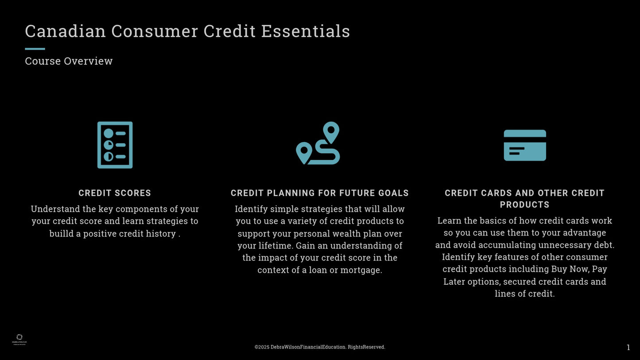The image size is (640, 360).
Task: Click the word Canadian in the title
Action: tap(66, 31)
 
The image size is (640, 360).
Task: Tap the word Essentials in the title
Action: tap(306, 31)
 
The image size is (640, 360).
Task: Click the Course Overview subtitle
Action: tap(69, 61)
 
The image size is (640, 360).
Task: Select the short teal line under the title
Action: tap(35, 49)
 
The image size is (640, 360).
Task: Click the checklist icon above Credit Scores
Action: tap(115, 145)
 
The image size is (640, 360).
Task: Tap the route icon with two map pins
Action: tap(318, 143)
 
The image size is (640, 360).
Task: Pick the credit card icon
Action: tap(525, 145)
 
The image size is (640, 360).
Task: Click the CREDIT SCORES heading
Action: tap(115, 193)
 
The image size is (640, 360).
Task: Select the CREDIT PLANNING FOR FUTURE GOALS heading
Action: tap(320, 193)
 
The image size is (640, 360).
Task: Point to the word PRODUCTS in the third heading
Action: tap(524, 205)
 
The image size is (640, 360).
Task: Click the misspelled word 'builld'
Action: tap(62, 233)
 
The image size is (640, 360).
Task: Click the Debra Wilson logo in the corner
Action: tap(19, 339)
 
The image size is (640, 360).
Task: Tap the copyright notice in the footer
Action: tap(320, 347)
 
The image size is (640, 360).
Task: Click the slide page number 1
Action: tap(628, 348)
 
